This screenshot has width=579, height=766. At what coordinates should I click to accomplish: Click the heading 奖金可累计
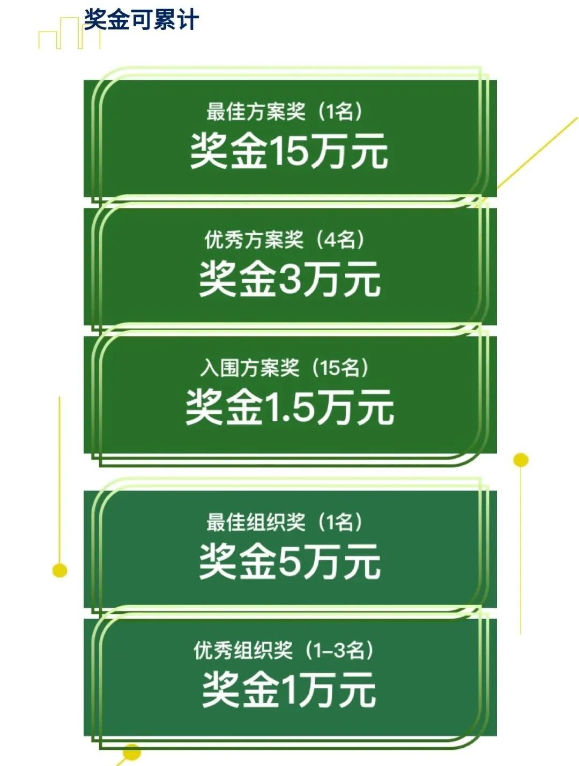tap(142, 19)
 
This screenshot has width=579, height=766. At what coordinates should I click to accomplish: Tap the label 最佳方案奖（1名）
tap(285, 111)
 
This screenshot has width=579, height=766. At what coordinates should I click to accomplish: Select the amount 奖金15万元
tap(289, 152)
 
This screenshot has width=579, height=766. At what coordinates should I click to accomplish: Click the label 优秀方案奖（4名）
tap(285, 240)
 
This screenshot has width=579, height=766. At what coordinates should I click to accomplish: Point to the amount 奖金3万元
tap(289, 279)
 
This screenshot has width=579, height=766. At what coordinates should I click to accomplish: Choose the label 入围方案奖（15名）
tap(285, 368)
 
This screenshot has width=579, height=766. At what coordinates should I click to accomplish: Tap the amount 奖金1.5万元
tap(289, 407)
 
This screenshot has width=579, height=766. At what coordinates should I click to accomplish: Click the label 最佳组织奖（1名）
tap(285, 523)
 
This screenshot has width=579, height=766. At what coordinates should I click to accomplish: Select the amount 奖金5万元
tap(289, 562)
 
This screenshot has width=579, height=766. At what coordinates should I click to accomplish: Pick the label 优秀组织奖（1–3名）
tap(284, 650)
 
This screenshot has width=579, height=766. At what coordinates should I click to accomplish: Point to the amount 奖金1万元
tap(289, 690)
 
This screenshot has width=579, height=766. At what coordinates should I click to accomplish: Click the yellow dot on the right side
tap(521, 460)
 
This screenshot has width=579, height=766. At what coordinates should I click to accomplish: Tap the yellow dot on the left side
tap(60, 570)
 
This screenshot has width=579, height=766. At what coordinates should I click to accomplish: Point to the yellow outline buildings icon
tap(70, 33)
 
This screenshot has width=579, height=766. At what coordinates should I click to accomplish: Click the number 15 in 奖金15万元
tap(289, 150)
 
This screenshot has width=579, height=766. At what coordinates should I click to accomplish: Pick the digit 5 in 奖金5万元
tap(290, 561)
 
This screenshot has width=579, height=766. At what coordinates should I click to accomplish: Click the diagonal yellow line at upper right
tap(538, 154)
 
